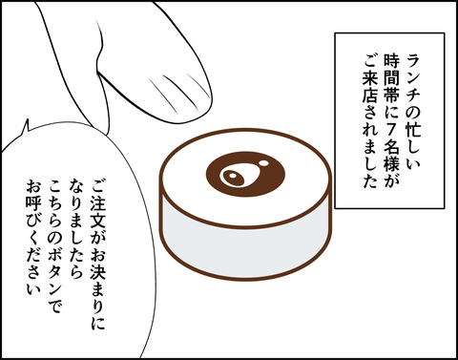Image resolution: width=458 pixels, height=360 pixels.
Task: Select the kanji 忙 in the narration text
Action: [x=414, y=131]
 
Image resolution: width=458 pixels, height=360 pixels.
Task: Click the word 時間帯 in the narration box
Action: [x=391, y=77]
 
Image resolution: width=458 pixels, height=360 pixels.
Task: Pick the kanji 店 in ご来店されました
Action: [x=369, y=95]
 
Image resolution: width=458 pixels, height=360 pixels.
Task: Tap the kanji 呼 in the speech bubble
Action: [x=33, y=203]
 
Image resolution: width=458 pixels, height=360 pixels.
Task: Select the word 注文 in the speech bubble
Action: [x=97, y=211]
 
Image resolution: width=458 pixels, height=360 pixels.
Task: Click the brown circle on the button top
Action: [x=245, y=174]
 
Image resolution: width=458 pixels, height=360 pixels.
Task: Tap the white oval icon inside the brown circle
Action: [x=232, y=177]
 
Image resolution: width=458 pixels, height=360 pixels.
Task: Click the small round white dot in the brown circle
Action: [x=263, y=163]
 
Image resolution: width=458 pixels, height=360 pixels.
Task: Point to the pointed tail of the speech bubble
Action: [x=27, y=119]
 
